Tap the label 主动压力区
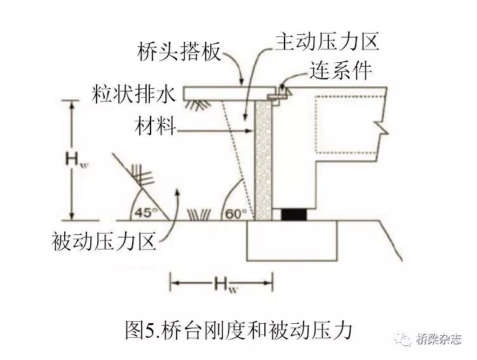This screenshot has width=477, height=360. coord(326,42)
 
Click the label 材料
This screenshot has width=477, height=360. coord(154,126)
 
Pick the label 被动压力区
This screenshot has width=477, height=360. coord(105,241)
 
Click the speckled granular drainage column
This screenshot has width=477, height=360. coord(263,159)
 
